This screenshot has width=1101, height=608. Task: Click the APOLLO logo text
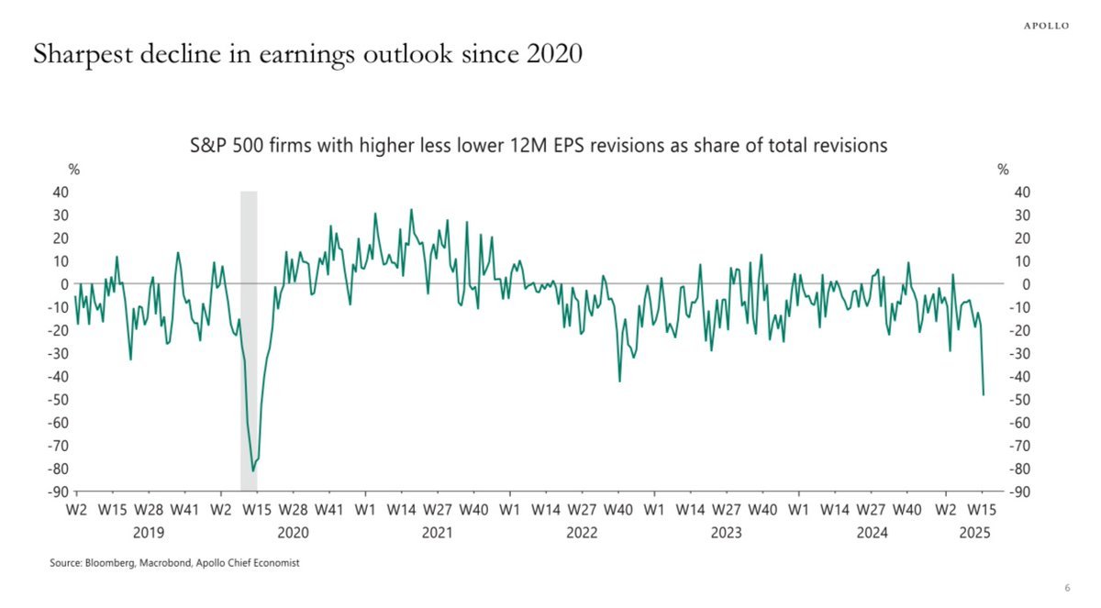[x=1046, y=26]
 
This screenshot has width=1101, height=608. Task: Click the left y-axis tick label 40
[x=59, y=192]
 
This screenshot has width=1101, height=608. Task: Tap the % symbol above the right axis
[x=1003, y=170]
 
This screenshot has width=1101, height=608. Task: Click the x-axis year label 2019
[x=148, y=533]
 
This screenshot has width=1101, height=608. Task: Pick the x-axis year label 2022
[x=582, y=533]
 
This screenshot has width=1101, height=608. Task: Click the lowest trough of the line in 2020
[x=253, y=470]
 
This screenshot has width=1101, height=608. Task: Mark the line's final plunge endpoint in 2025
[x=984, y=394]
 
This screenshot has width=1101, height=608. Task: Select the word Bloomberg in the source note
[x=113, y=563]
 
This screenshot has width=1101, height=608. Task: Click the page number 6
[x=1067, y=588]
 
